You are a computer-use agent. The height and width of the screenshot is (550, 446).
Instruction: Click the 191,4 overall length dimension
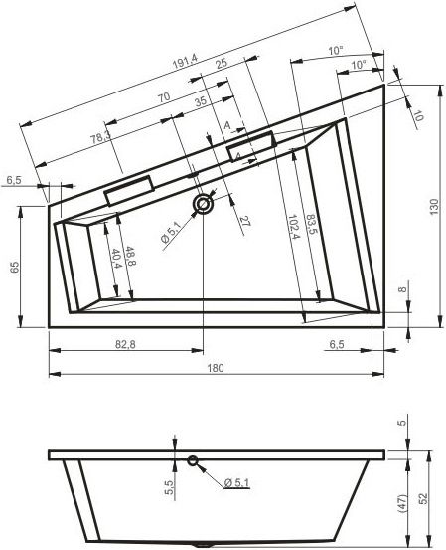186,61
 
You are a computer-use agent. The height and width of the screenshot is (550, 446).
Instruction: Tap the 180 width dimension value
216,368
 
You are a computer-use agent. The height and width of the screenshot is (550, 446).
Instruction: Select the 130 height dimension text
434,207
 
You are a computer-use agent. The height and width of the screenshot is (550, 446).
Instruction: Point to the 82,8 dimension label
125,345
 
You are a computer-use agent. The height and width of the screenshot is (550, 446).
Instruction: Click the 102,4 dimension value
293,226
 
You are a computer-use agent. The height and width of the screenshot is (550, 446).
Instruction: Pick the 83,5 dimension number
311,225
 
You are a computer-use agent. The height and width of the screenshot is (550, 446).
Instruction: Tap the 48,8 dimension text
130,256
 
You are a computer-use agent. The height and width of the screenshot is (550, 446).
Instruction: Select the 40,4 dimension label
115,259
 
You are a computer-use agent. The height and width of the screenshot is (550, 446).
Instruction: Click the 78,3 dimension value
101,137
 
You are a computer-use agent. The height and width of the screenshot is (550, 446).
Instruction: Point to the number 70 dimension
164,97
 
